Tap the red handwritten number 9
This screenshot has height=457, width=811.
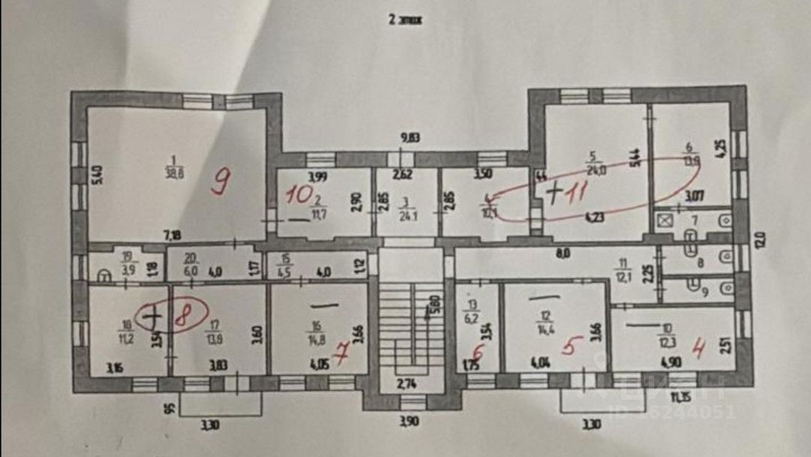pos(220,182)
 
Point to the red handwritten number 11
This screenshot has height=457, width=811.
pos(576,193)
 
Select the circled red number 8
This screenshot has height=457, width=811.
pos(182,318)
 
